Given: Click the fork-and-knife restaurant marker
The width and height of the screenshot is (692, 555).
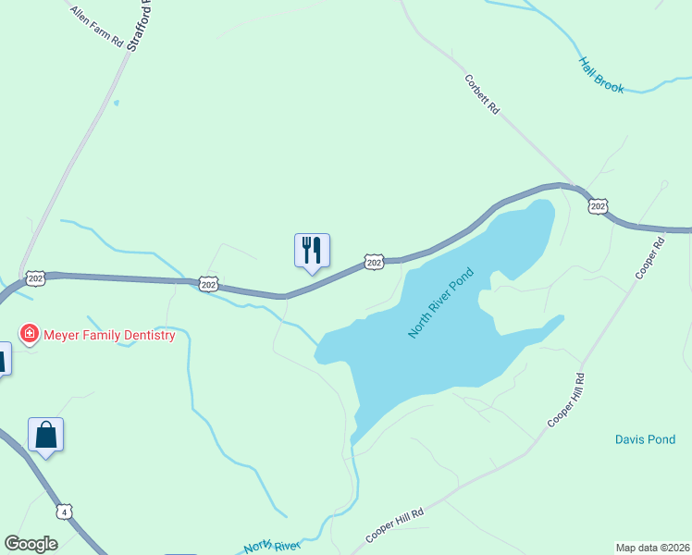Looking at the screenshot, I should click(312, 250).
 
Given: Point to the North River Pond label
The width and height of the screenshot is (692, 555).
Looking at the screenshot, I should click(441, 302).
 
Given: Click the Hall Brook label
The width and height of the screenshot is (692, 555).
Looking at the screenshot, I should click(601, 75).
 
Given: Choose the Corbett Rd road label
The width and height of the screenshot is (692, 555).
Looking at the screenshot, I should click(482, 94).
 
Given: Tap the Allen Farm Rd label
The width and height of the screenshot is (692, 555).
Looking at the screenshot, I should click(94, 29).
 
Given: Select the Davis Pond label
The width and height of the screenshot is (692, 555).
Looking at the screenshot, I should click(645, 439).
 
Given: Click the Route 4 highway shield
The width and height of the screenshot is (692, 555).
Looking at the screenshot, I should click(63, 512).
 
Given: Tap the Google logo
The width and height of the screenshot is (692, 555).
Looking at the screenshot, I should click(31, 544).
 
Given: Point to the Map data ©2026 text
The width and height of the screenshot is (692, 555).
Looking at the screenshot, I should click(652, 547).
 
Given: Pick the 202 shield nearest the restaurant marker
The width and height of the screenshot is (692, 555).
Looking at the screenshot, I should click(373, 263).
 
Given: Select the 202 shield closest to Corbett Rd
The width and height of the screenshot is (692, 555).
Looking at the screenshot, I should click(598, 205).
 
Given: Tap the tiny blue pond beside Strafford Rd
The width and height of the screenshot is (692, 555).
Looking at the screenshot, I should click(116, 103).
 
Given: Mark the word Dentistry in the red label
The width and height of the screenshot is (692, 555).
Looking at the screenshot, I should click(142, 335).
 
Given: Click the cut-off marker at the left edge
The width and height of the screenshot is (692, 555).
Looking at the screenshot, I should click(3, 358).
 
